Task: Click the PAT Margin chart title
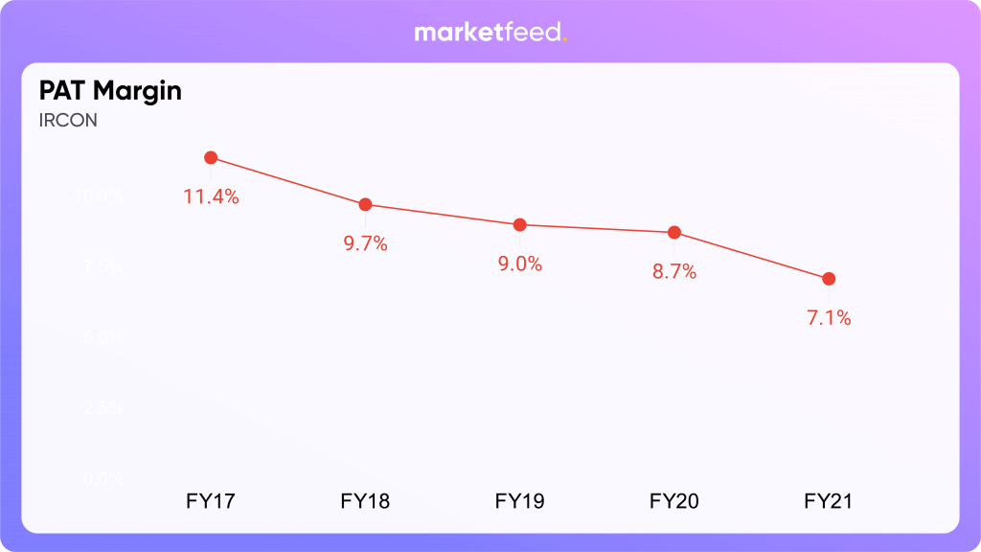coord(110,91)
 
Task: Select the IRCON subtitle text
coord(68,121)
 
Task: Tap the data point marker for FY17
coord(211,157)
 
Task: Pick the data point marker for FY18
coord(365,204)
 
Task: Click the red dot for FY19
coord(519,224)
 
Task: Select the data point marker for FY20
coord(674,232)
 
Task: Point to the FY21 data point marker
coord(829,279)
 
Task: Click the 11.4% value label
coord(211,197)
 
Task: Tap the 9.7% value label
coord(365,243)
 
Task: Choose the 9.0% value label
coord(519,264)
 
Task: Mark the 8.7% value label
coord(674,272)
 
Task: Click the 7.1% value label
coord(829,318)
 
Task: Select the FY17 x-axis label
coord(211,500)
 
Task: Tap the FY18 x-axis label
coord(365,500)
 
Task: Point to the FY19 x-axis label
coord(519,500)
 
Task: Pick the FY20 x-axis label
coord(674,500)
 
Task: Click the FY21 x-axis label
coord(829,500)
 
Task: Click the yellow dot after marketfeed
coord(565,40)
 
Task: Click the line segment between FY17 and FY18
coord(287,181)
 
